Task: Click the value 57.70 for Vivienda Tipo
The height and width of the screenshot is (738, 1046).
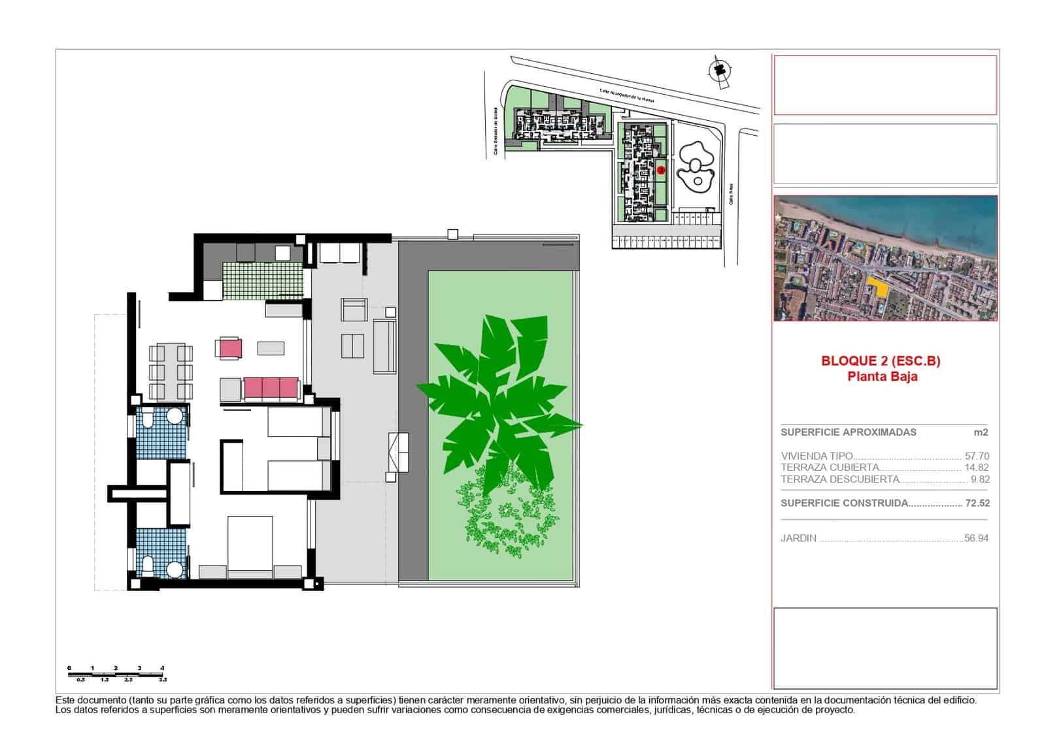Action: [x=977, y=456]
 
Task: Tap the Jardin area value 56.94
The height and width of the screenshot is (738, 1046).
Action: [x=976, y=538]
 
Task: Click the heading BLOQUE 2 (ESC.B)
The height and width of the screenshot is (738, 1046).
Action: [x=881, y=361]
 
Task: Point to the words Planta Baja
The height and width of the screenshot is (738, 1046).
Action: [x=882, y=376]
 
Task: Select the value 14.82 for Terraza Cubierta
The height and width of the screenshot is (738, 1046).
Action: [x=977, y=468]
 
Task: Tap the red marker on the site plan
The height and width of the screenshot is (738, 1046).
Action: [x=661, y=170]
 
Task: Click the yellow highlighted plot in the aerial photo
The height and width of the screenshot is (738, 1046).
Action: [x=878, y=287]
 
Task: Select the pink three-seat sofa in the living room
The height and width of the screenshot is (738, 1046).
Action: [x=271, y=389]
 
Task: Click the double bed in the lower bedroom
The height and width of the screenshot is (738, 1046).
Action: [x=250, y=545]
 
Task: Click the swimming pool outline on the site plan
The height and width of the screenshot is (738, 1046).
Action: [x=696, y=167]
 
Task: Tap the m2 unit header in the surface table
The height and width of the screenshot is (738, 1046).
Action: [x=980, y=432]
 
